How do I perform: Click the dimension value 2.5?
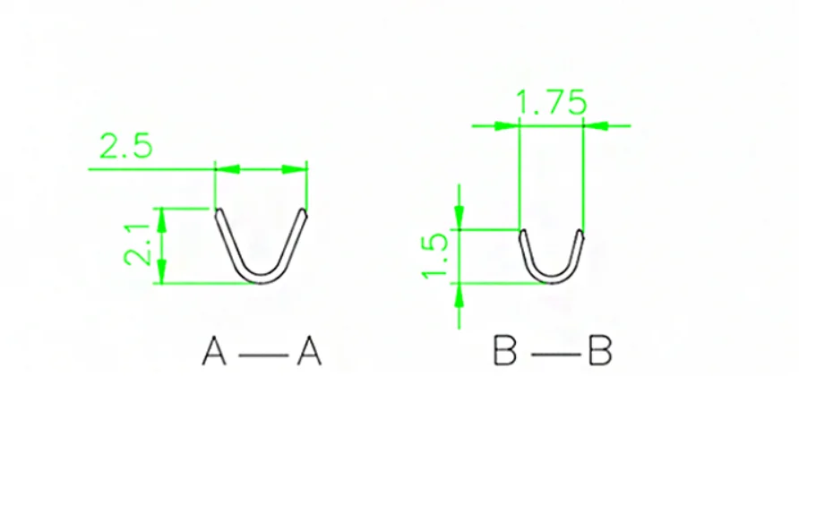click(126, 145)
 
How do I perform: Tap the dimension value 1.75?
click(552, 103)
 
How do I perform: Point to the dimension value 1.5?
click(434, 255)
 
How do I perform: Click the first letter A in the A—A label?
click(214, 352)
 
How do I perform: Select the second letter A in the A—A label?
click(309, 352)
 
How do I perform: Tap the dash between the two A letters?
click(262, 355)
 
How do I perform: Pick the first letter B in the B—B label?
click(506, 352)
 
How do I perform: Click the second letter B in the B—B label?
click(599, 352)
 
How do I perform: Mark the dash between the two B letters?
click(554, 355)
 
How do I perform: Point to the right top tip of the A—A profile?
click(304, 213)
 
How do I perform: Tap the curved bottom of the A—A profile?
click(261, 280)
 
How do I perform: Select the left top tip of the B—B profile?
click(522, 234)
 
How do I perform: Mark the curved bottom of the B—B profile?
click(551, 280)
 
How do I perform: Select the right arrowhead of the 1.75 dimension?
click(597, 125)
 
